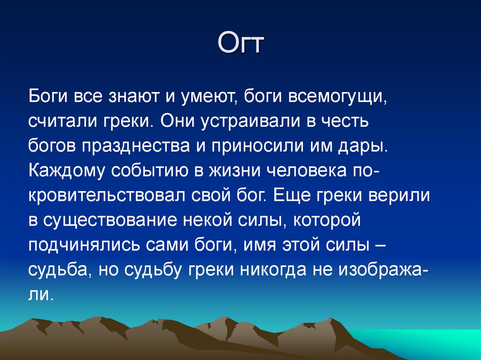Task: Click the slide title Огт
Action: pyautogui.click(x=240, y=45)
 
